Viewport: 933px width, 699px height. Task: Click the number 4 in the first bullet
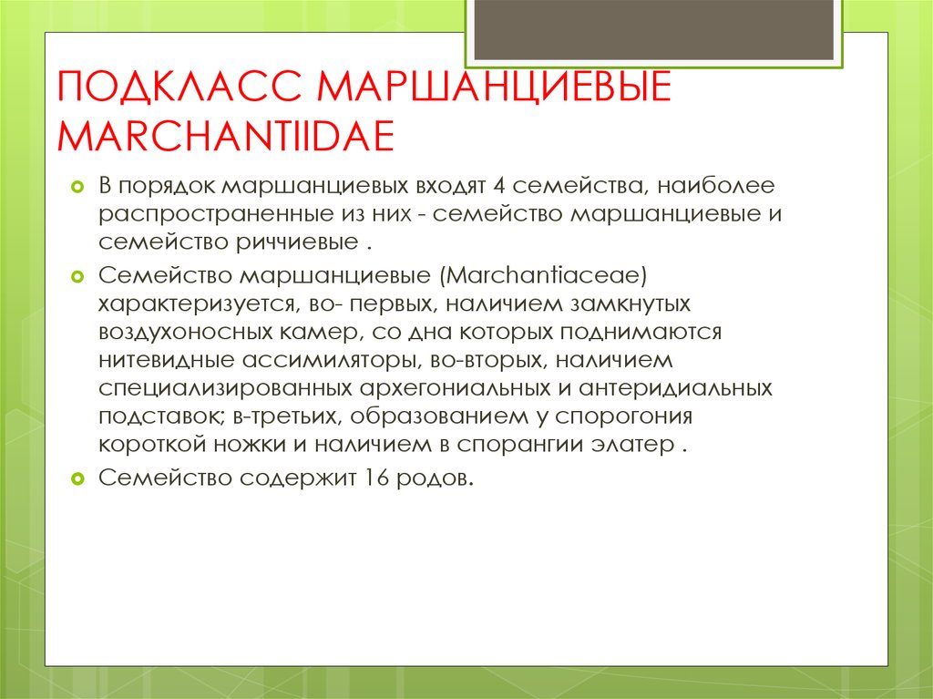497,188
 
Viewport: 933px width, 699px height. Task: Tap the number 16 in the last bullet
378,477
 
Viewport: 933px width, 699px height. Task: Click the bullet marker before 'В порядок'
77,188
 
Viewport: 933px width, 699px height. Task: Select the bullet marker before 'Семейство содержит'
77,477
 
